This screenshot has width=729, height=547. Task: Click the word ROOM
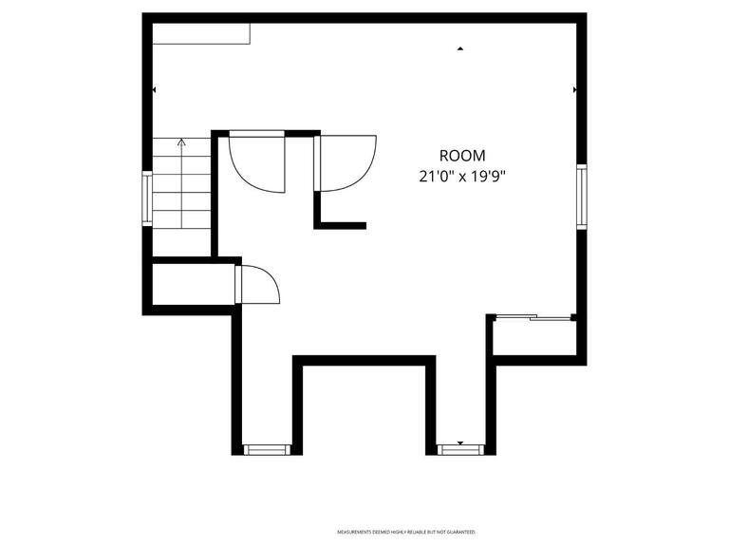[462, 156]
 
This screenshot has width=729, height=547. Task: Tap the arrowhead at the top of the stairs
[181, 142]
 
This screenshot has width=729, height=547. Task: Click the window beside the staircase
[147, 198]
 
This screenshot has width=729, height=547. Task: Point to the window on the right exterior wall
[581, 197]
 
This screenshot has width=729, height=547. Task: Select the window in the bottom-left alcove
[267, 449]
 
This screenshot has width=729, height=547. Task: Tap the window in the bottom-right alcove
[460, 449]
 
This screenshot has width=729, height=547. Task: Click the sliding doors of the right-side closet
[534, 317]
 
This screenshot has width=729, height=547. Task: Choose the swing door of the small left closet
[256, 284]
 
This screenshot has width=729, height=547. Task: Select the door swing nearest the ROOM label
[347, 163]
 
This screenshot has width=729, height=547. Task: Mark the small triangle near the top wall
[460, 47]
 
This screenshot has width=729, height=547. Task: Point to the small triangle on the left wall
[155, 89]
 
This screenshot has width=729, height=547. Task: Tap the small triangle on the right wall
[574, 89]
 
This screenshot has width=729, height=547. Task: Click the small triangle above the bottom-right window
[460, 443]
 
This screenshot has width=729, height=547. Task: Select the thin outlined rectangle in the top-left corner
[201, 33]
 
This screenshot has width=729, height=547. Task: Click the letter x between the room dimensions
[461, 177]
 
